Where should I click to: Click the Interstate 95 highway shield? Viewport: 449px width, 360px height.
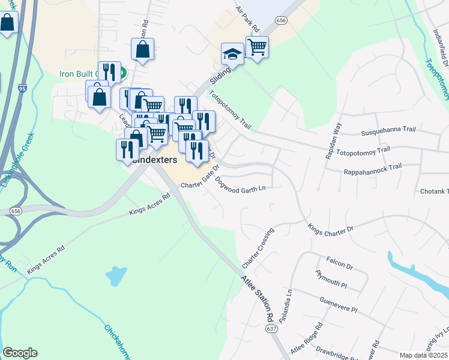click(22, 88)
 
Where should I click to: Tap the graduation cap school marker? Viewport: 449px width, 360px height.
click(232, 54)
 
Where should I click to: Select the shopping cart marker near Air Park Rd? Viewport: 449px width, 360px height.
click(257, 46)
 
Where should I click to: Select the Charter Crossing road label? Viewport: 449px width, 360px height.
click(258, 248)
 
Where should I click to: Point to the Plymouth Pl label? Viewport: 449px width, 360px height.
click(331, 278)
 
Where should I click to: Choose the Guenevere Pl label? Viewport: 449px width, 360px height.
click(339, 304)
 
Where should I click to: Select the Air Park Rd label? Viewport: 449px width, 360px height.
click(247, 19)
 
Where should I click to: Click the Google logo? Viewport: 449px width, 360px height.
click(20, 353)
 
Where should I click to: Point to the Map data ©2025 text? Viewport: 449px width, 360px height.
click(423, 355)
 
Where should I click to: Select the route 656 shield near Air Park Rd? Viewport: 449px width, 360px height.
click(281, 20)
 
